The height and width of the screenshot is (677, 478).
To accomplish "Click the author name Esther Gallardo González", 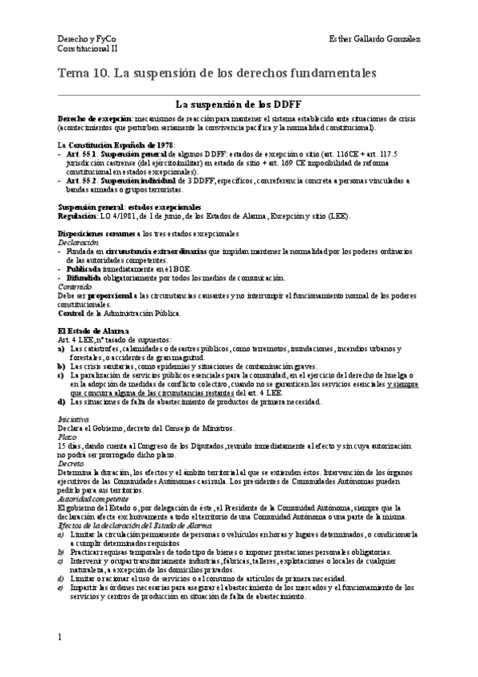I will (375, 39).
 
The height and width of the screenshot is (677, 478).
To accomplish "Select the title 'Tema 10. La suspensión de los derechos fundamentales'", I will (215, 73).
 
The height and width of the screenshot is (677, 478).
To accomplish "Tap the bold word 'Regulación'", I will (77, 216).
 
